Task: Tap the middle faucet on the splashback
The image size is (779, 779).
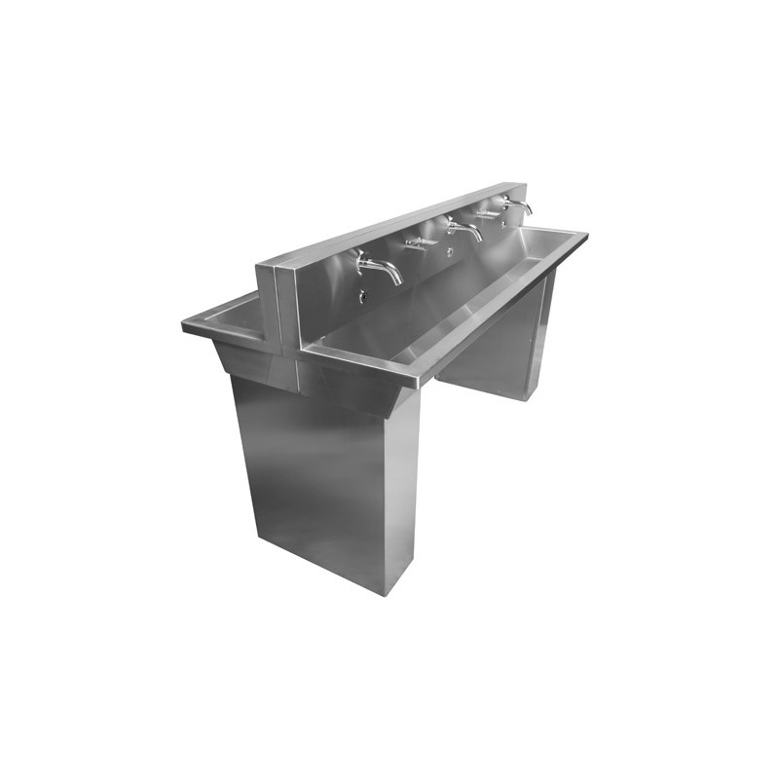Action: tap(464, 231)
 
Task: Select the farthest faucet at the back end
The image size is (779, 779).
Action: tap(517, 205)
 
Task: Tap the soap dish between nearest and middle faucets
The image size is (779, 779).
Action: tap(419, 241)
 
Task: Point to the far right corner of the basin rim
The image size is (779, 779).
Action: tap(586, 235)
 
